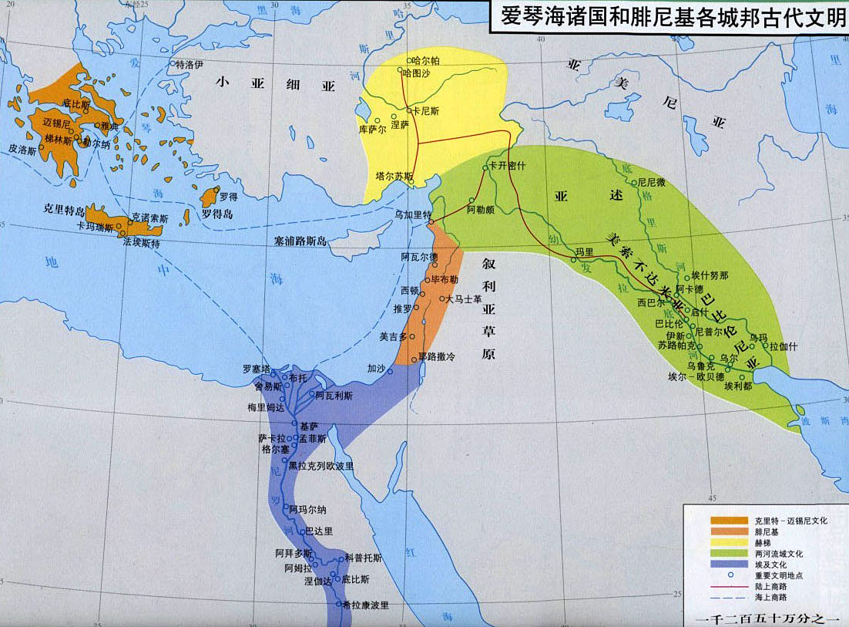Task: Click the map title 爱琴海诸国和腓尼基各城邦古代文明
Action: [669, 17]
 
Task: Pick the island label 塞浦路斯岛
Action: [300, 241]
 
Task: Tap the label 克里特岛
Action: [63, 209]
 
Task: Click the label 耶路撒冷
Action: [437, 357]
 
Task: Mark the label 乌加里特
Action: [413, 214]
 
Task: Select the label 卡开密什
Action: [506, 167]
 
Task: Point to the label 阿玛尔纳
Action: [307, 509]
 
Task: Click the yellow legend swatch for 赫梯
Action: [729, 543]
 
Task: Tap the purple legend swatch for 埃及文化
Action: [729, 565]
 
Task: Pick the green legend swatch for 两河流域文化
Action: [729, 554]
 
